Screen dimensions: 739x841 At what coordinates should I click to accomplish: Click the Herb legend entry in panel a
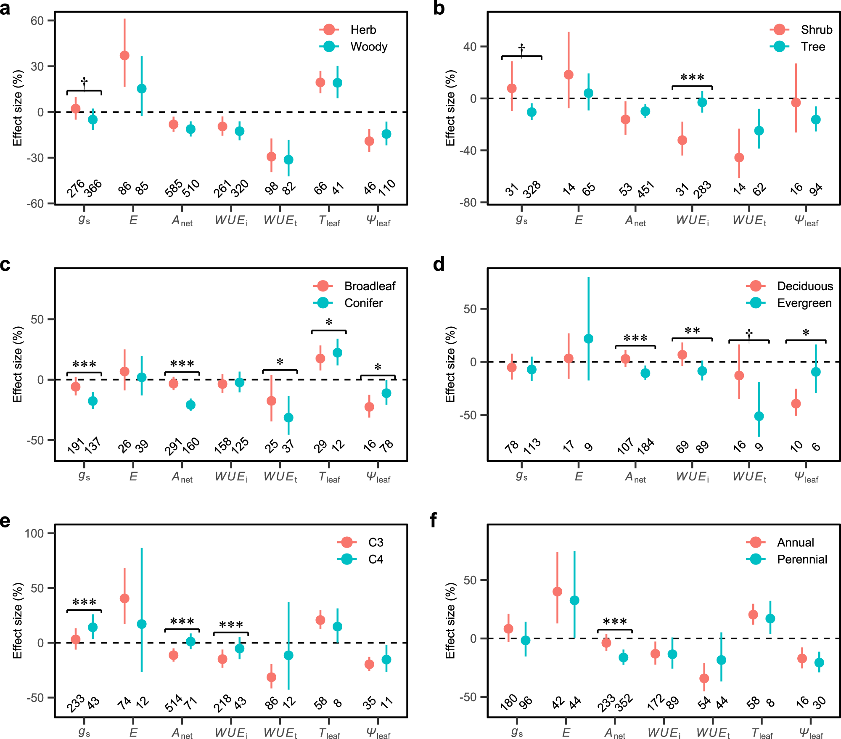(363, 30)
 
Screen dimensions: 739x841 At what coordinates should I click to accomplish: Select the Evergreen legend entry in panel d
(804, 303)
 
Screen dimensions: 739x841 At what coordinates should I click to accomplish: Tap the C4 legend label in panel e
(376, 559)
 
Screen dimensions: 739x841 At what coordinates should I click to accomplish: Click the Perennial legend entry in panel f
(801, 559)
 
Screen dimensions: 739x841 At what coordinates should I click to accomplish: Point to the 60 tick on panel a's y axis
(37, 21)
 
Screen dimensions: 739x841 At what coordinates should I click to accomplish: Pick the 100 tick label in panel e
(34, 533)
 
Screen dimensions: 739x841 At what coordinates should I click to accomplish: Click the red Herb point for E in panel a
(124, 56)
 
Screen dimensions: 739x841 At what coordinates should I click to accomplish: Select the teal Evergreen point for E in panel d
(588, 339)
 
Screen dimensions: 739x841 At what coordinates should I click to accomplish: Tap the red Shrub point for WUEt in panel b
(739, 157)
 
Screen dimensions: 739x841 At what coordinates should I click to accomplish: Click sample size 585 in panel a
(174, 188)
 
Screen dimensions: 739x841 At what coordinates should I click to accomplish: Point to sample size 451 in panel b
(645, 189)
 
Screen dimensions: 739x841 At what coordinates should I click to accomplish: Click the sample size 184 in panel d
(645, 446)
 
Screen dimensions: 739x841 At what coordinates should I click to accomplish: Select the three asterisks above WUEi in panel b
(692, 78)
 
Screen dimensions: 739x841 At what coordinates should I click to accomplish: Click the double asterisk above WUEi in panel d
(692, 331)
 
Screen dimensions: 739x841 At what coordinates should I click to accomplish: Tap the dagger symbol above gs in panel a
(84, 82)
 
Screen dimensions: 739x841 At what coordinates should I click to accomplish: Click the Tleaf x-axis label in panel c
(329, 477)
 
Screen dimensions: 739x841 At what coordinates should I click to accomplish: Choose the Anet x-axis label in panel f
(615, 734)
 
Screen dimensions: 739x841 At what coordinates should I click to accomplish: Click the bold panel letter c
(5, 265)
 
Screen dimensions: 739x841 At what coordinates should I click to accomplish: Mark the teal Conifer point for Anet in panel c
(190, 405)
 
